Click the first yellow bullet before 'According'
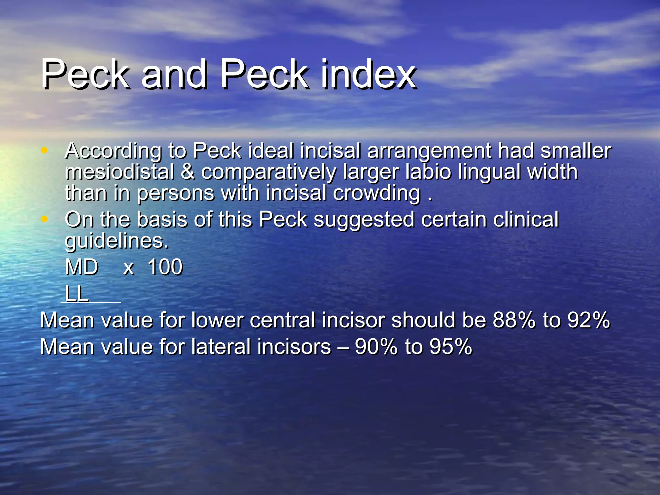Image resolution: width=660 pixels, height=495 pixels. pos(44,150)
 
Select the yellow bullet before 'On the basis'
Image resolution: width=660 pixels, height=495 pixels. pos(44,219)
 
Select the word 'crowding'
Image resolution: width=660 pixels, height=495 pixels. pos(376,193)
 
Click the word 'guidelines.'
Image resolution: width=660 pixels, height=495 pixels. pos(117,241)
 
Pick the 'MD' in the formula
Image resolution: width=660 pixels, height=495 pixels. pos(82,267)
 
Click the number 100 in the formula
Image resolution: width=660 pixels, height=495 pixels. pos(165,267)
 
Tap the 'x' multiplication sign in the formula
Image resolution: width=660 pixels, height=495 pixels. pos(129,268)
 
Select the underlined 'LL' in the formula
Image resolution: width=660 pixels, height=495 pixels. pos(77,293)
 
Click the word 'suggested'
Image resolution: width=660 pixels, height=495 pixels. pos(364,220)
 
